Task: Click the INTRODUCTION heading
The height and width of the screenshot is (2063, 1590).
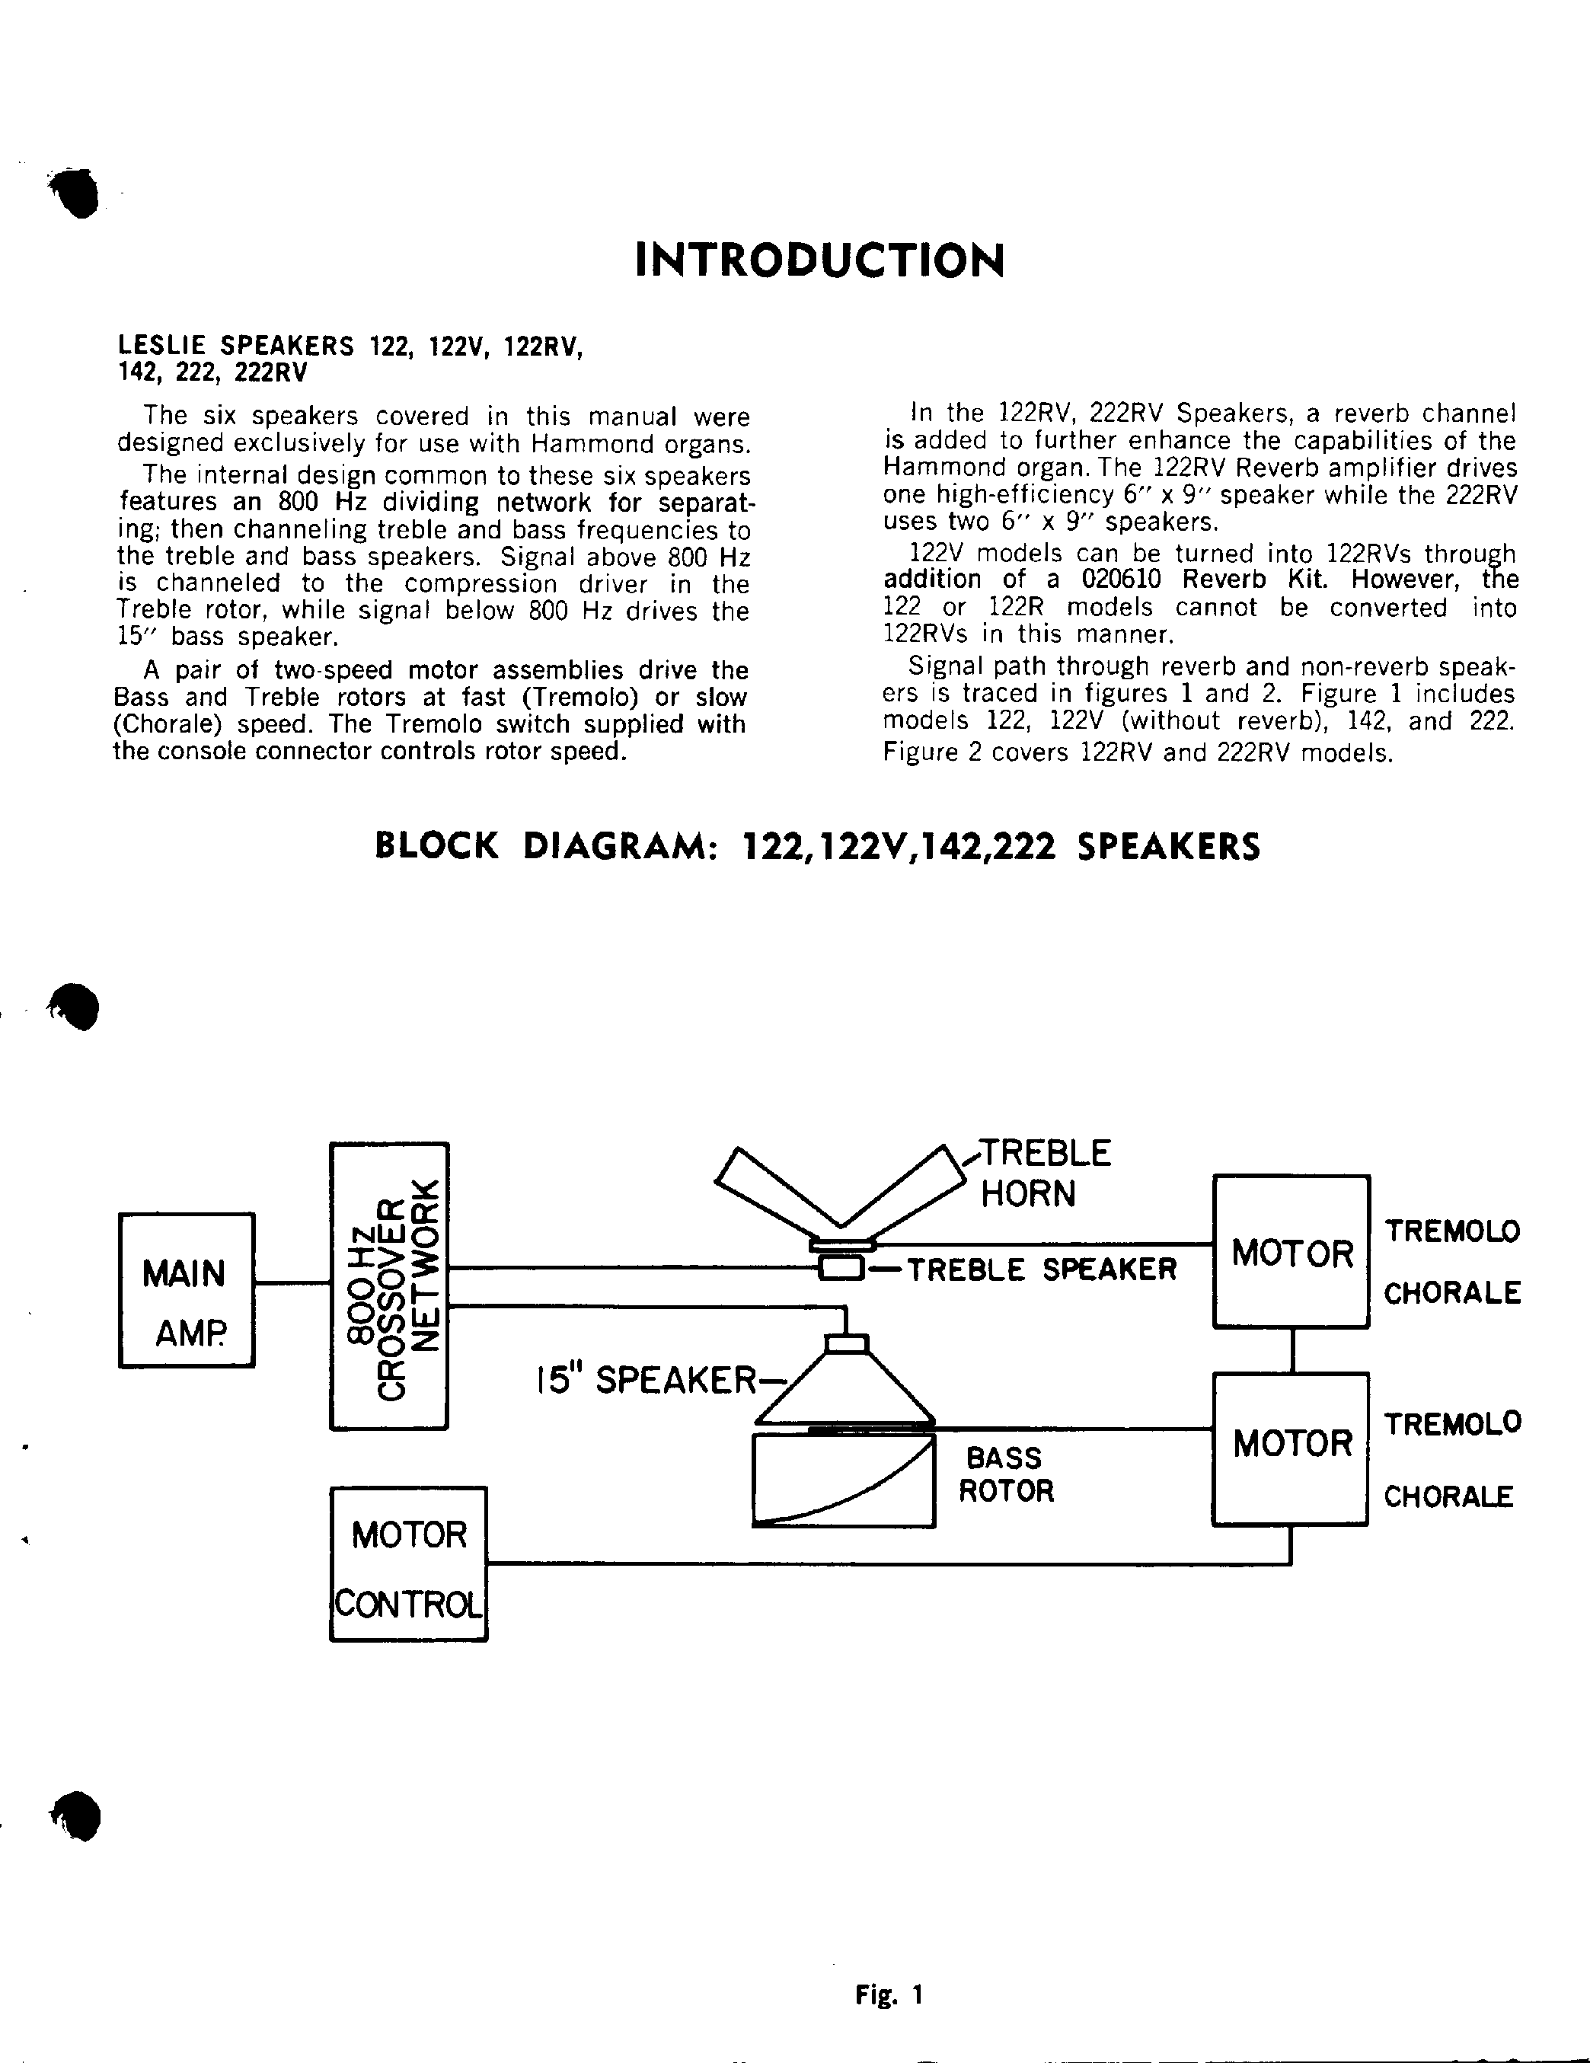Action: [819, 260]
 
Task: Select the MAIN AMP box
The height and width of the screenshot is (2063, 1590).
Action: [186, 1289]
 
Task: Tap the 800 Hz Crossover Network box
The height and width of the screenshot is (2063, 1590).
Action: [388, 1285]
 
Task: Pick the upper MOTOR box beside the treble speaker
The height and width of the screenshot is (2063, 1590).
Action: [1291, 1252]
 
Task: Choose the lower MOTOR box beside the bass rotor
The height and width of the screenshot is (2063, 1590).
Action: [1291, 1448]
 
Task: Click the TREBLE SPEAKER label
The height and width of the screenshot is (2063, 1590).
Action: [1041, 1269]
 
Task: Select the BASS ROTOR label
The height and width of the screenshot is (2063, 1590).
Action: [1005, 1474]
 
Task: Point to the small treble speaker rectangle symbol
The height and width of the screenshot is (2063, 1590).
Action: [840, 1269]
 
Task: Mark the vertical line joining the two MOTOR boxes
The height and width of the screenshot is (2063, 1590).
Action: [1291, 1350]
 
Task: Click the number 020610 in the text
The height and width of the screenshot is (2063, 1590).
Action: [1120, 579]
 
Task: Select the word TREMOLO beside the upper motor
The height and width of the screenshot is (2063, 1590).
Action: [1452, 1231]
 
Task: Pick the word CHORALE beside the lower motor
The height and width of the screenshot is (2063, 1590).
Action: [1448, 1496]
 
